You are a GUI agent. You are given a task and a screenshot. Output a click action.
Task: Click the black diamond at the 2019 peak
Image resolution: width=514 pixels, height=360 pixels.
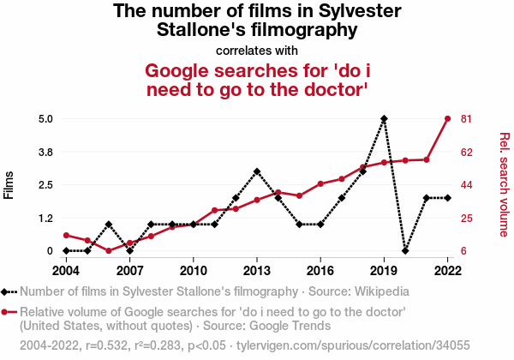click(x=384, y=118)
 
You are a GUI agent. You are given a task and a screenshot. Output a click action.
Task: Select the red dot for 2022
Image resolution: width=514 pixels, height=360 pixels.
click(x=447, y=118)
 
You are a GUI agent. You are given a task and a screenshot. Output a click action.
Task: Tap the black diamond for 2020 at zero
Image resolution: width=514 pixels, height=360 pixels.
click(x=405, y=251)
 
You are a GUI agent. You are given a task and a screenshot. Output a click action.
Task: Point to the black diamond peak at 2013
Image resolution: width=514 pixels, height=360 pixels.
click(x=257, y=171)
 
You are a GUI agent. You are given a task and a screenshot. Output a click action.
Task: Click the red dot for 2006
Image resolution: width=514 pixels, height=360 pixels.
click(x=109, y=251)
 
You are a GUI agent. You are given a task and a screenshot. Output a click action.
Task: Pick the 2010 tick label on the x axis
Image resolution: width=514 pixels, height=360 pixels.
click(x=194, y=269)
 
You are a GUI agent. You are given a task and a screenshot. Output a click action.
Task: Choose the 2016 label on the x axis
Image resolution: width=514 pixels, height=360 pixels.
click(x=320, y=269)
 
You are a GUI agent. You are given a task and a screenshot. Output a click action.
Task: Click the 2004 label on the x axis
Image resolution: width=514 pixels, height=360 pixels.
click(x=67, y=269)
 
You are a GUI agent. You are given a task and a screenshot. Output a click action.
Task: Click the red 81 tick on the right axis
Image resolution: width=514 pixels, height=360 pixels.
click(x=468, y=118)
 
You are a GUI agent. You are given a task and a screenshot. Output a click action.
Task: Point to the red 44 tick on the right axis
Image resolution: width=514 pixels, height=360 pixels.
click(x=468, y=185)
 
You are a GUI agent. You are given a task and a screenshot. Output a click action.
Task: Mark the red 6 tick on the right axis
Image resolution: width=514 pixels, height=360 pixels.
click(x=464, y=251)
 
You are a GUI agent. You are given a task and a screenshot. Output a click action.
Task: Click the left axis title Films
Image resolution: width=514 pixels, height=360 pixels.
click(x=9, y=184)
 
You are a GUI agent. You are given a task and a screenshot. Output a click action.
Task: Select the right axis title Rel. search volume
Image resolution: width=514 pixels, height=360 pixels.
click(x=505, y=184)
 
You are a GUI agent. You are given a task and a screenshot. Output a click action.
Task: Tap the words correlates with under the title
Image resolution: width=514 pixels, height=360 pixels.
click(x=257, y=51)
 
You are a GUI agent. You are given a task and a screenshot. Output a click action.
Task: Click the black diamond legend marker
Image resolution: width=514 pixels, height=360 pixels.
click(x=7, y=291)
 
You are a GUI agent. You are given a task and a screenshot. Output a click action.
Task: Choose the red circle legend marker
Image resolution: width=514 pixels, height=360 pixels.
click(x=7, y=312)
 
